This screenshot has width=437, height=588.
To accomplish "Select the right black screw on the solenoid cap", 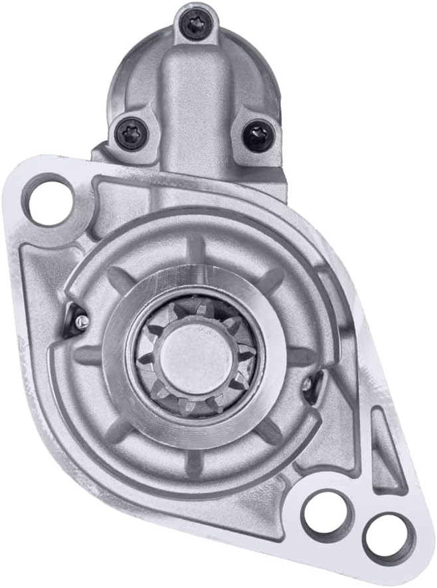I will tap(256, 136).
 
